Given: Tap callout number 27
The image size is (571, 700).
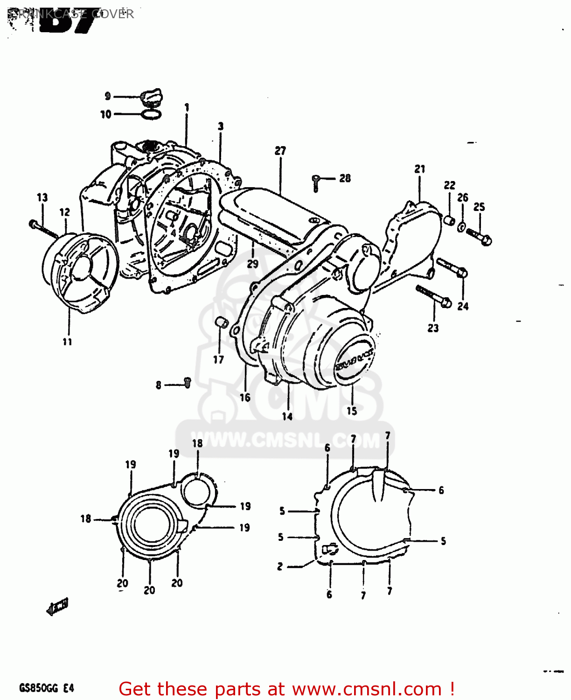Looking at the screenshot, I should point(280,151).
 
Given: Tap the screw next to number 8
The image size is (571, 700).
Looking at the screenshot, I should point(188,383).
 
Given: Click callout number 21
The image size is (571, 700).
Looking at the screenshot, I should point(420,169).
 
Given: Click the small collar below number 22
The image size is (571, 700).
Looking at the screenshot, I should point(449,220).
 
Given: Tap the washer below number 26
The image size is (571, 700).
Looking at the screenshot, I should point(461,227).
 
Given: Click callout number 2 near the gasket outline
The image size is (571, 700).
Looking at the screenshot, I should point(280,567).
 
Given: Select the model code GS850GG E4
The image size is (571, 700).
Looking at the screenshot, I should point(46,688).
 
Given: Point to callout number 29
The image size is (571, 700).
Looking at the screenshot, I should point(252,264).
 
